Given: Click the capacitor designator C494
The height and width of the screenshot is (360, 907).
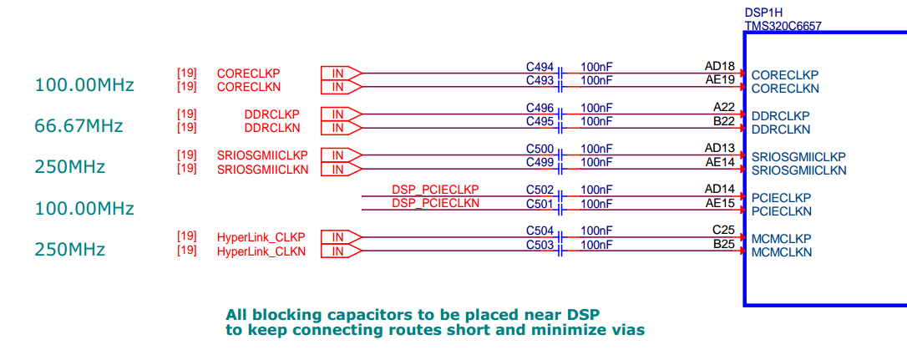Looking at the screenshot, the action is pos(540,67).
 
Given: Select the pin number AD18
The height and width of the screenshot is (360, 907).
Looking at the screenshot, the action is pos(720,67).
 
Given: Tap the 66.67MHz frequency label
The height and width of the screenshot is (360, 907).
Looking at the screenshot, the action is pos(79,125).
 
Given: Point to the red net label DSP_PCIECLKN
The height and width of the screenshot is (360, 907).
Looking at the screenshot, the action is pos(436,203).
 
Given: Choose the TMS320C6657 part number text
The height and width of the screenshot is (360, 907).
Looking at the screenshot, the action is pos(783,26).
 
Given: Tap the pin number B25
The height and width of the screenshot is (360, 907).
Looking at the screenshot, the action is pos(723,244).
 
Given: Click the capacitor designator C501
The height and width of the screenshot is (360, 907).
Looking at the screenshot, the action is pos(540,204).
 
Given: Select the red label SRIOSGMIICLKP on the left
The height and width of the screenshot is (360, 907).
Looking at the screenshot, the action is pos(262,155).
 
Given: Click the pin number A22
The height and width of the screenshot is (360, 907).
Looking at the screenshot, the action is pos(723,108).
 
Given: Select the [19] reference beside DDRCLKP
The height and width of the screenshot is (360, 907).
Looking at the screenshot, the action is pos(187,114).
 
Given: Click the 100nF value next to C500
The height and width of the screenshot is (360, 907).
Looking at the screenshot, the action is pos(596,149).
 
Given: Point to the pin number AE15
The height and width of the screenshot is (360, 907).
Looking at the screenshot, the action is pos(720,204).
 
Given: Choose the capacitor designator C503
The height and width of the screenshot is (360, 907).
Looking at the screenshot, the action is pos(540,245).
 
